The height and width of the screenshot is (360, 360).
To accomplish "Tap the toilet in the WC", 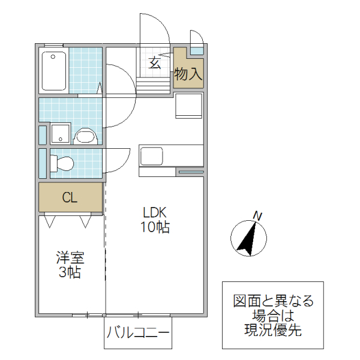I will [62, 163].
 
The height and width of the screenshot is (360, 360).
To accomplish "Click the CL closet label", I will [70, 198].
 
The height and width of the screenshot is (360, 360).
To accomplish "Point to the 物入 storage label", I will [188, 74].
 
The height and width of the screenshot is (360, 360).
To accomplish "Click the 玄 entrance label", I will [155, 63].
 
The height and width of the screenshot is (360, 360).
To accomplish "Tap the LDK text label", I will [154, 212].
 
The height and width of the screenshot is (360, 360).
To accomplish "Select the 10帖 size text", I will [155, 227].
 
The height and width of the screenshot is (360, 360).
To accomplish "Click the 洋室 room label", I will [70, 259].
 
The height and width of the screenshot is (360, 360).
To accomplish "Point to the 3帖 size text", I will [70, 273].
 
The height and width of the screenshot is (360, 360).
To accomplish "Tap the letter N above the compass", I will [257, 216].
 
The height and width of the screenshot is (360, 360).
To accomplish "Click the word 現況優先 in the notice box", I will [273, 329].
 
